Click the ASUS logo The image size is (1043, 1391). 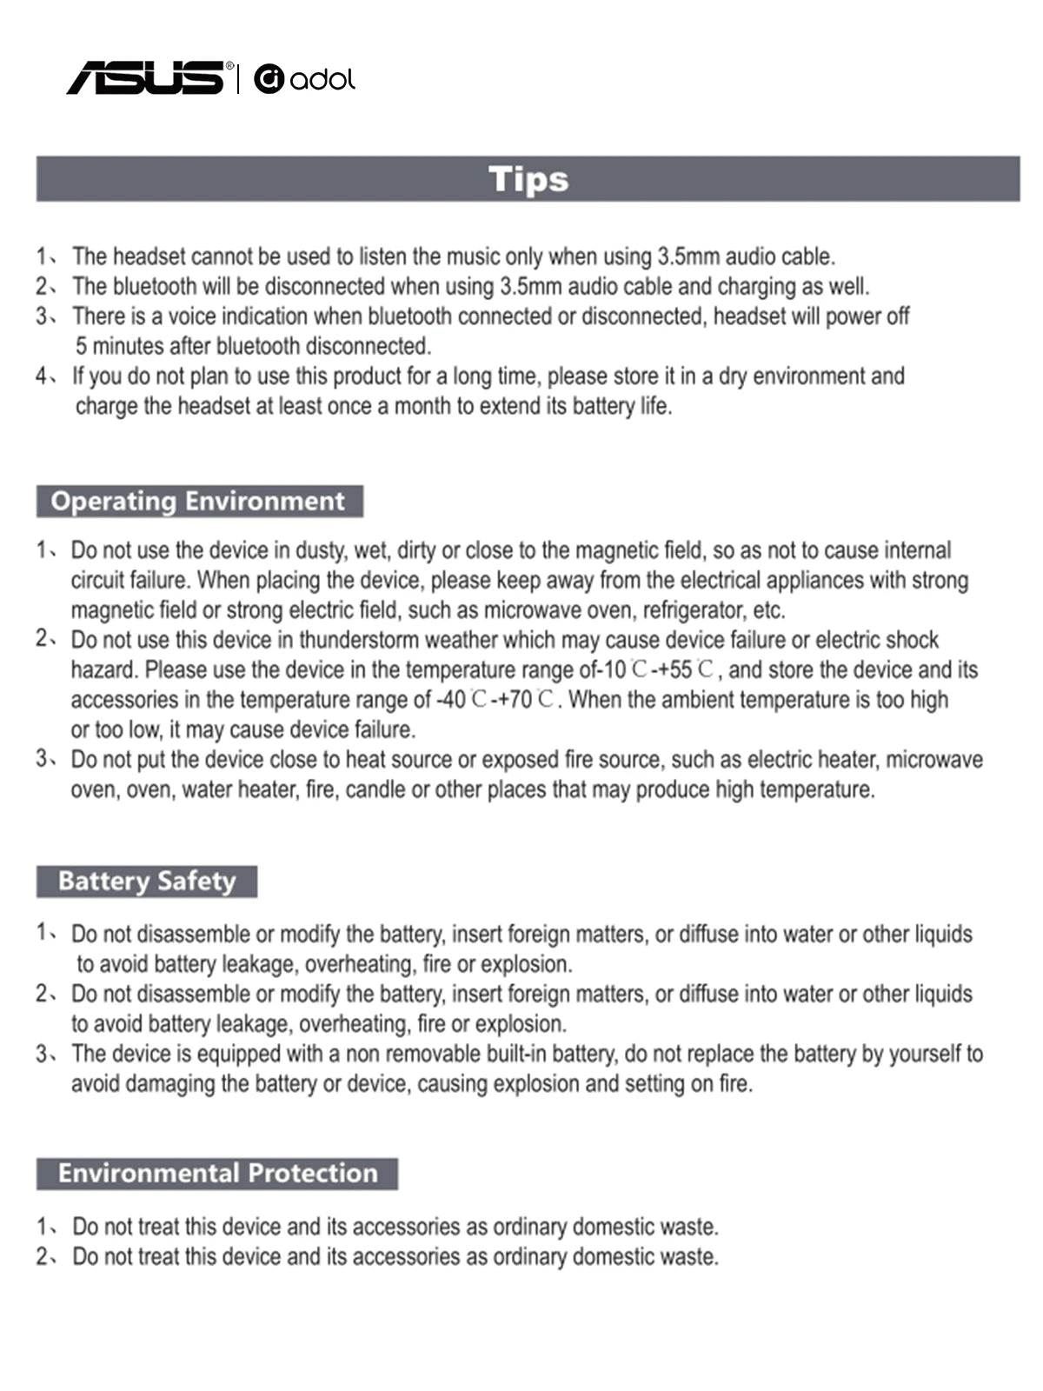coord(146,78)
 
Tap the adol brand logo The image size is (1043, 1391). coord(304,79)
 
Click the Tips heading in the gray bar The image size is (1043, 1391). coord(528,179)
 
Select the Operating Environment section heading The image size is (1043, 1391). coord(198,502)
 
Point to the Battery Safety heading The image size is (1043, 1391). coord(147,882)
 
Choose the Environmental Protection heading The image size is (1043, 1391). coord(217,1174)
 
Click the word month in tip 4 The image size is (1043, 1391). coord(429,406)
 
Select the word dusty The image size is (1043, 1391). coord(324,550)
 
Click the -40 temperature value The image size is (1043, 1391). coord(451,700)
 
